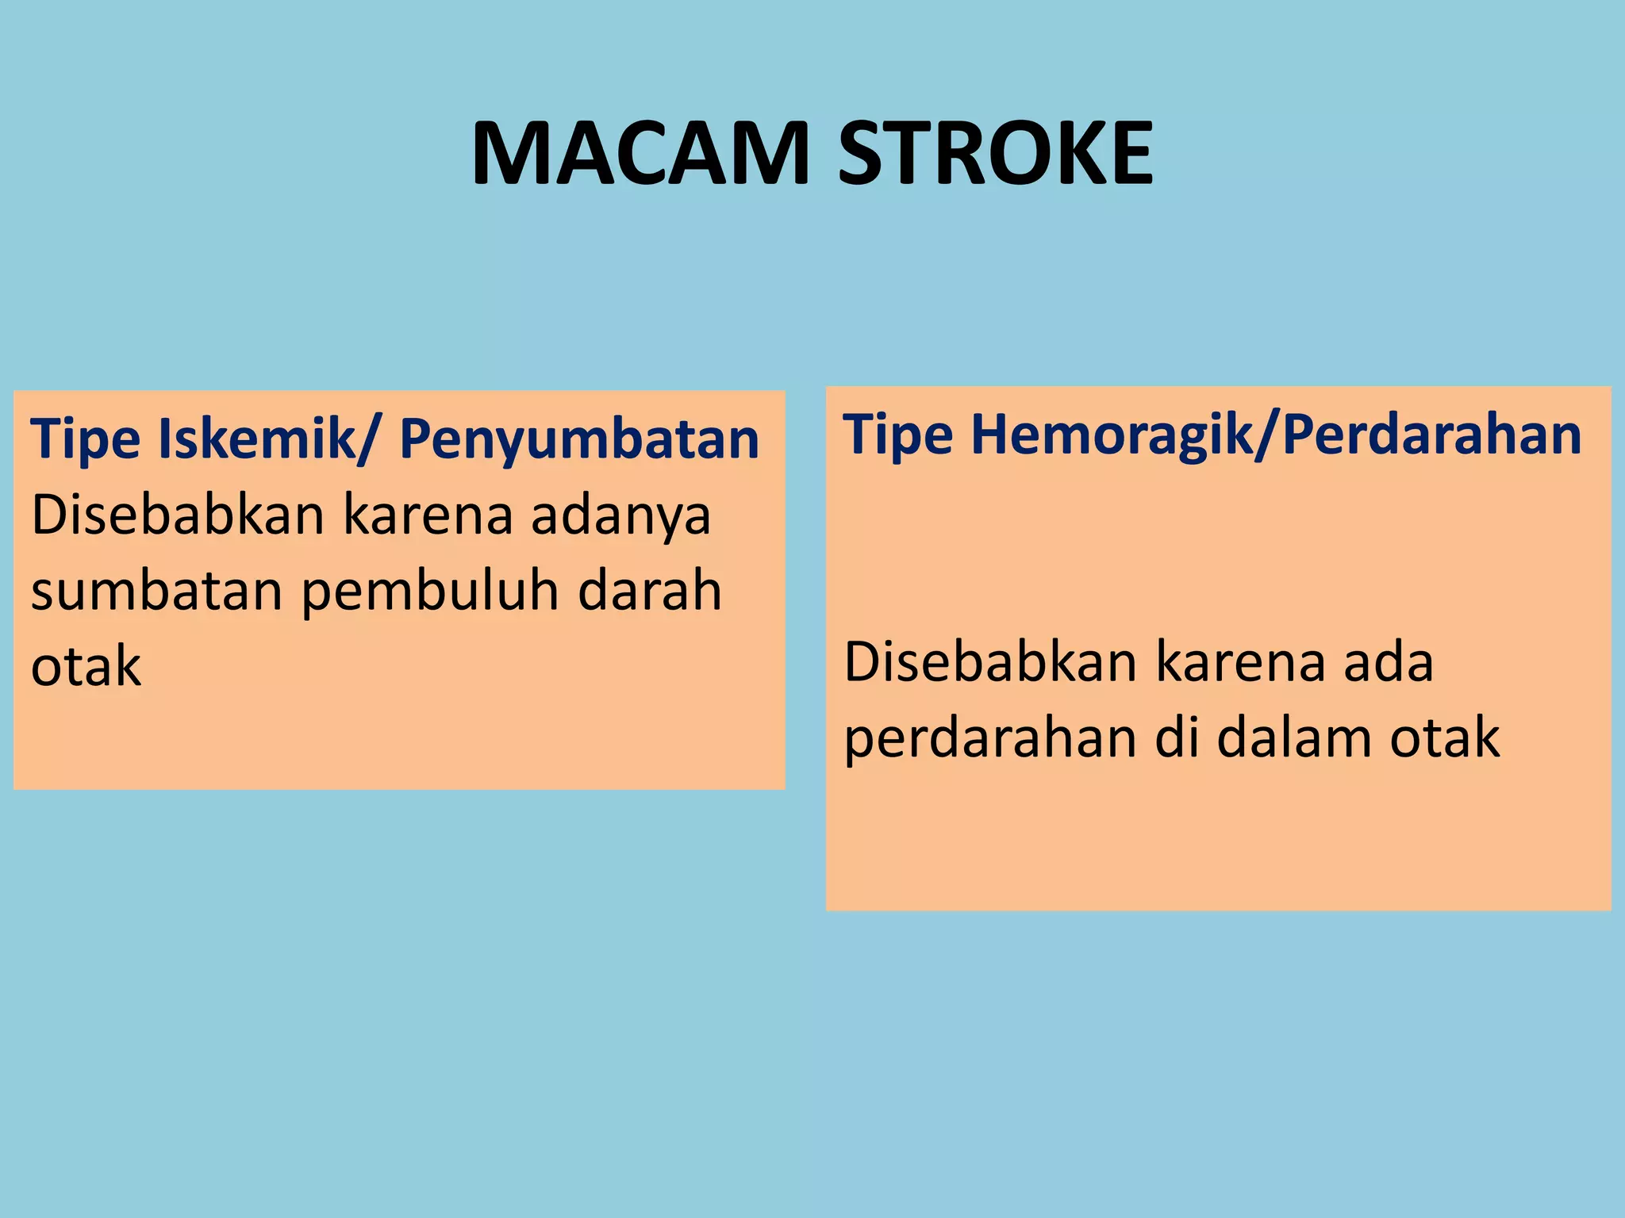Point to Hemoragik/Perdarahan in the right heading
(1276, 435)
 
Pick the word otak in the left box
(86, 667)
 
